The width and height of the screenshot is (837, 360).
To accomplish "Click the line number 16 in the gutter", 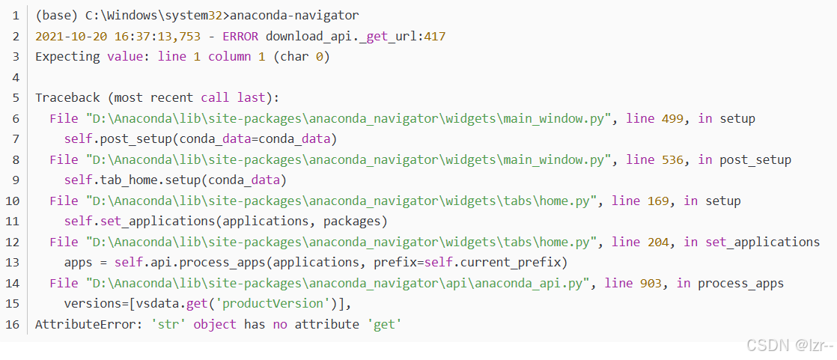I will coord(15,325).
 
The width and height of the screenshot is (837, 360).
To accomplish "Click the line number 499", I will coord(674,118).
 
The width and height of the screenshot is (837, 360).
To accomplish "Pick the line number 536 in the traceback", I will coord(674,159).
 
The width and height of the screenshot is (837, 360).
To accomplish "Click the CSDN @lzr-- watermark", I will coord(788,345).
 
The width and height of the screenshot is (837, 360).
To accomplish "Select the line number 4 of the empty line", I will coord(15,77).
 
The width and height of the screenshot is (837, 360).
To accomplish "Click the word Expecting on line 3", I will coord(67,57).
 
